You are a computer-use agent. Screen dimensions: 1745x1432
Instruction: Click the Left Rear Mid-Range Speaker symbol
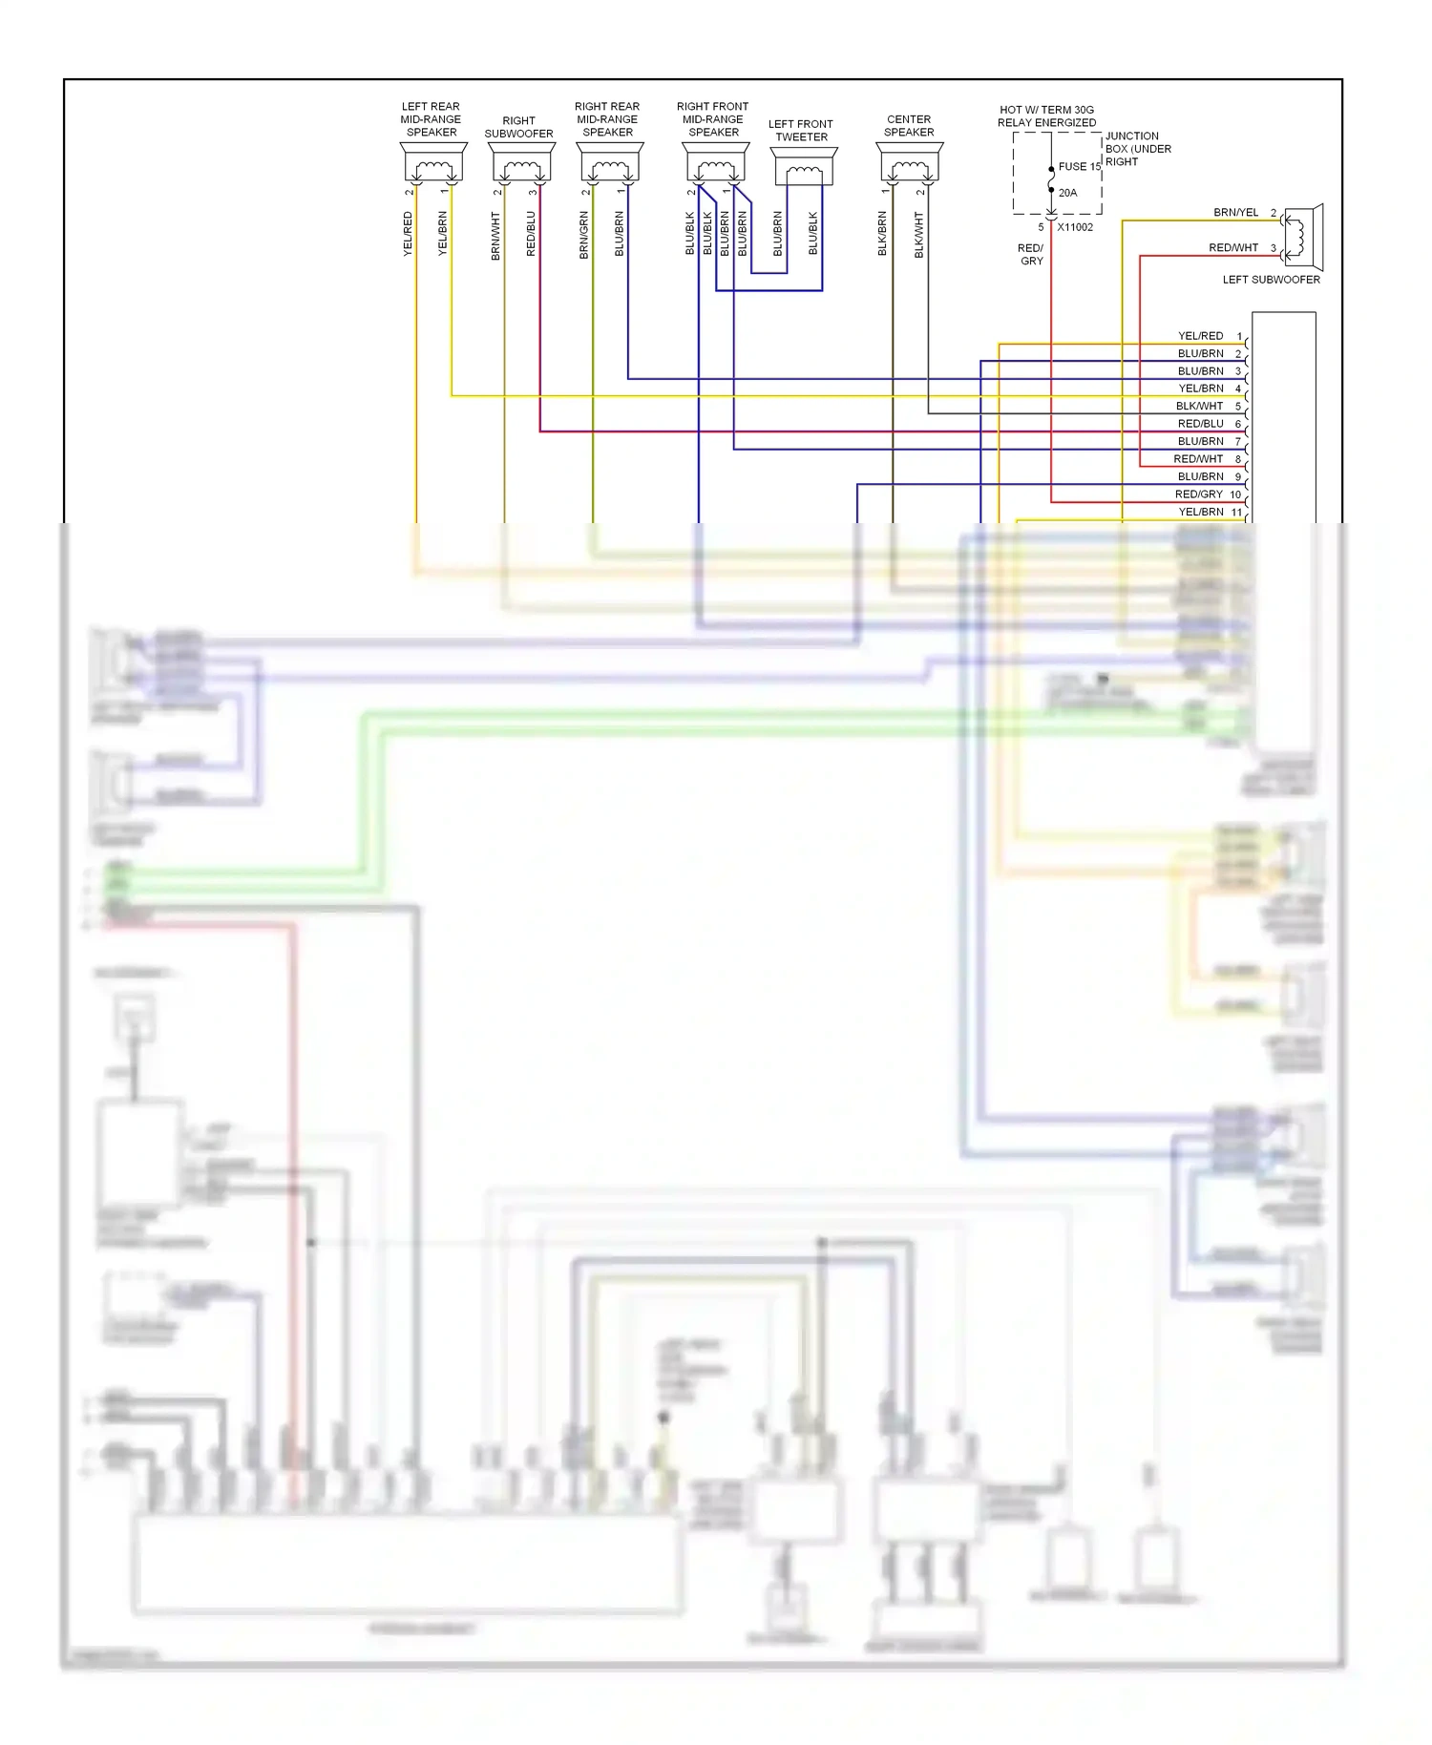click(x=433, y=164)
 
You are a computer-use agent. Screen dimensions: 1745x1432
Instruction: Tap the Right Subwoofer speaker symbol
click(x=521, y=165)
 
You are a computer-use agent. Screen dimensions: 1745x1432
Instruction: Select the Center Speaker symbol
click(x=909, y=164)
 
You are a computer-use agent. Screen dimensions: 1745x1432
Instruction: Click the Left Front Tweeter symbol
click(x=804, y=168)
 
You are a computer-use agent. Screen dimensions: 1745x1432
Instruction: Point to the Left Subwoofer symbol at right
click(x=1302, y=237)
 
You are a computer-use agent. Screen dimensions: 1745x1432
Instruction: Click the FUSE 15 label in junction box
click(x=1079, y=166)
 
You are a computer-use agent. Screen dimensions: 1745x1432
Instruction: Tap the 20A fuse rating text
click(x=1067, y=193)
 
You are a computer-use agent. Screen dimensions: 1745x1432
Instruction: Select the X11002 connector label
click(x=1075, y=227)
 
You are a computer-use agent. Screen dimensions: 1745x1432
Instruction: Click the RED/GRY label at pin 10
click(x=1198, y=494)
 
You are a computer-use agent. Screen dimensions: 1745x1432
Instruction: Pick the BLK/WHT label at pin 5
click(x=1199, y=406)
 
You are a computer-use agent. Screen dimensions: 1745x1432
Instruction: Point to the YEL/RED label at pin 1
click(x=1200, y=336)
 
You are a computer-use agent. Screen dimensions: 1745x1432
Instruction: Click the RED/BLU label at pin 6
click(x=1200, y=424)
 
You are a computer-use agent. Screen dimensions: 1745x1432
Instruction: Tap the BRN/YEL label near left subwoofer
click(x=1235, y=212)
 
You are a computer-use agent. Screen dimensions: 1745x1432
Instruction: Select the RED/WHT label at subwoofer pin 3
click(x=1233, y=247)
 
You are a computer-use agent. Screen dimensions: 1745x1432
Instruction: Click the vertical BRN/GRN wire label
click(x=583, y=235)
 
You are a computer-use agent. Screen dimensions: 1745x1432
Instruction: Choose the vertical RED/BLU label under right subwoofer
click(x=531, y=234)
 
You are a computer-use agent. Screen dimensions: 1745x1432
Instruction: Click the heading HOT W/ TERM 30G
click(x=1046, y=110)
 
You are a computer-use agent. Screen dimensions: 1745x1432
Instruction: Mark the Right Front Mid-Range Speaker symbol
click(x=715, y=165)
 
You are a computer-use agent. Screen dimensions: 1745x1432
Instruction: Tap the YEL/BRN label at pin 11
click(x=1200, y=512)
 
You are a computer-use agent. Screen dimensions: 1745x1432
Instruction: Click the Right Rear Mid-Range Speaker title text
click(x=607, y=119)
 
